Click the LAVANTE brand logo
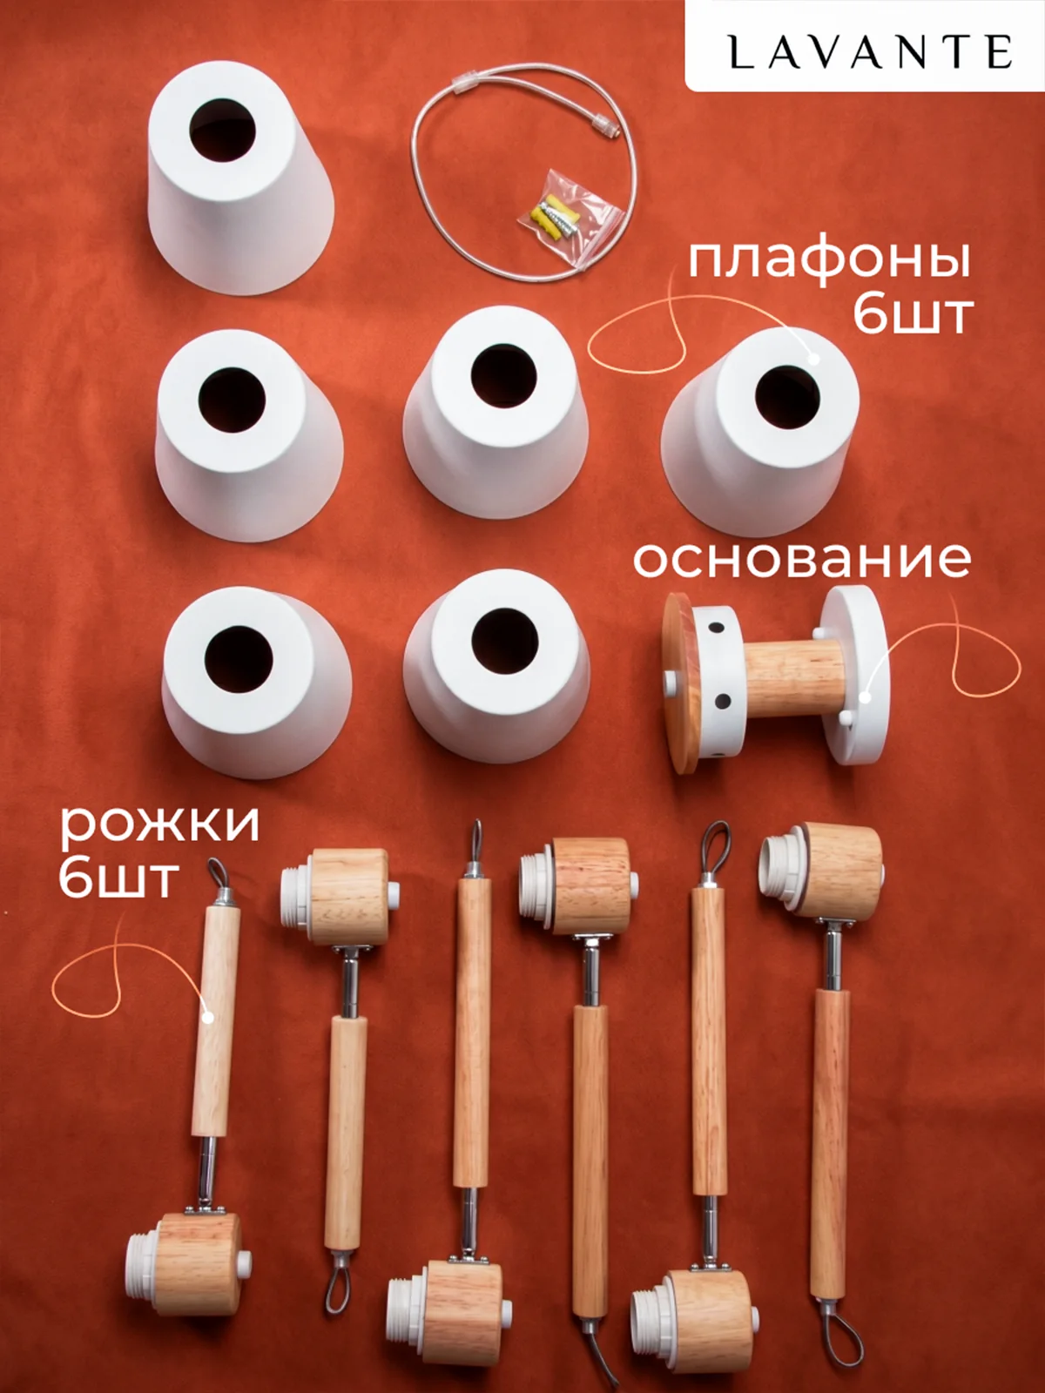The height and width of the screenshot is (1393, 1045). click(x=871, y=51)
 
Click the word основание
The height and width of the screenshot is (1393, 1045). click(x=802, y=559)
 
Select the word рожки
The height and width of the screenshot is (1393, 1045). click(x=160, y=824)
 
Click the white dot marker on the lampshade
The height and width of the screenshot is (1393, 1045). click(x=814, y=358)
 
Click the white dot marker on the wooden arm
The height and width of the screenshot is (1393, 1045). click(x=207, y=1017)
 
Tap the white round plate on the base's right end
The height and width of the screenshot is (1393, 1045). click(x=853, y=675)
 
